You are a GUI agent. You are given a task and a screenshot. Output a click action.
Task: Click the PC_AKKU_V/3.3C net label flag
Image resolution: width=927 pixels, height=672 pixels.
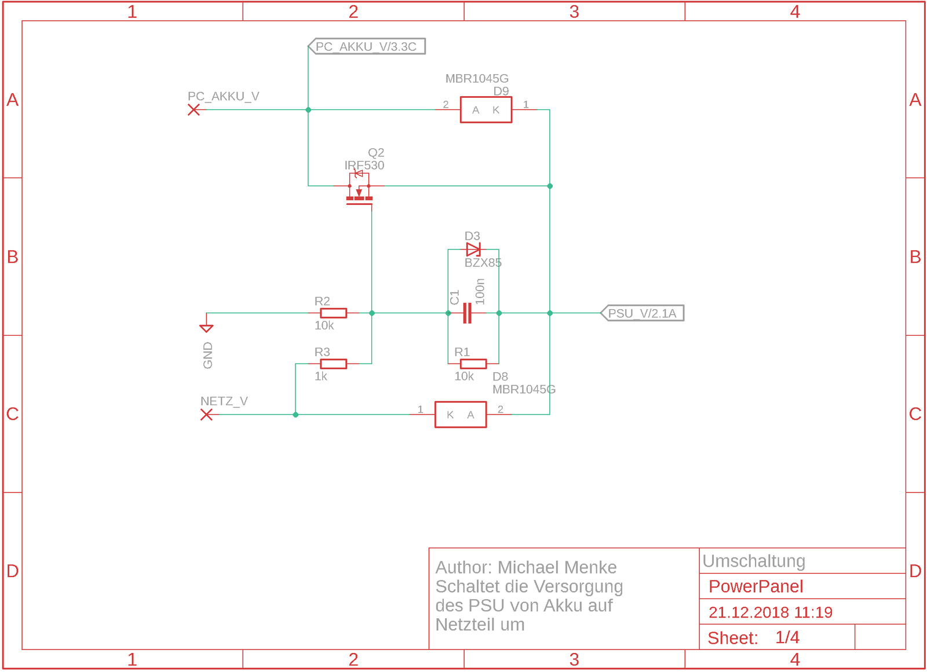[x=367, y=46]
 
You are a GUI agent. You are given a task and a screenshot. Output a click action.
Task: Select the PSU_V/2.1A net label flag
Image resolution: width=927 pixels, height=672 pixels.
[x=642, y=313]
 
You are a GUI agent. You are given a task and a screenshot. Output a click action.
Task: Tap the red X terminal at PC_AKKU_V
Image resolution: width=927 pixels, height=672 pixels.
[x=194, y=109]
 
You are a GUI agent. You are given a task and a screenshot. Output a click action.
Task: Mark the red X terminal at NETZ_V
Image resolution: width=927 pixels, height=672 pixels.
[x=206, y=414]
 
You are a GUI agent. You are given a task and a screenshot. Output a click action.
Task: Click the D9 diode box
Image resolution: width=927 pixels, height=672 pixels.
[x=486, y=109]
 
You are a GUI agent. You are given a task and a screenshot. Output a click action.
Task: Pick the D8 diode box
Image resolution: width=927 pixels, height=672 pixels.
[x=461, y=414]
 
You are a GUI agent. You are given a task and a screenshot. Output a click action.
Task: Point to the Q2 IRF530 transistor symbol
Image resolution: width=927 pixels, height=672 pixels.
[x=359, y=190]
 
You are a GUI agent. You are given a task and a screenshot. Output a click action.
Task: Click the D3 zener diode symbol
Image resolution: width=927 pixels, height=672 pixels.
[x=473, y=249]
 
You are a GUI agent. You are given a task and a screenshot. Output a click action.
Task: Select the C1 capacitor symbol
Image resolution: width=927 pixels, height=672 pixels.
[x=467, y=313]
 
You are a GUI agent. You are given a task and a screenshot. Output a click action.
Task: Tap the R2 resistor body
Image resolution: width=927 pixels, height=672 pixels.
[x=333, y=313]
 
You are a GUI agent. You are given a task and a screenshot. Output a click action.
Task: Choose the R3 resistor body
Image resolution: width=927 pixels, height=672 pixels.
[x=333, y=363]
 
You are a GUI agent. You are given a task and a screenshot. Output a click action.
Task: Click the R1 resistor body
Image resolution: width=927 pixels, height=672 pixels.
[x=473, y=363]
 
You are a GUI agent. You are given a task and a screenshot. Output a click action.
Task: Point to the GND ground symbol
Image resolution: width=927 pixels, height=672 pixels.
[x=206, y=327]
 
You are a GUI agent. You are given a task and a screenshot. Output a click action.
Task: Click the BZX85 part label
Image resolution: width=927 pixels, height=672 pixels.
[x=483, y=263]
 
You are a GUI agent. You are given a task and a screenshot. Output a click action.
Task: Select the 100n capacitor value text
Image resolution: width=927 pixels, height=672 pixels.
[x=480, y=291]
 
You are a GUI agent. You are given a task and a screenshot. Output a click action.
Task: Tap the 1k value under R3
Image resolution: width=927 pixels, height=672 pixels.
[x=321, y=376]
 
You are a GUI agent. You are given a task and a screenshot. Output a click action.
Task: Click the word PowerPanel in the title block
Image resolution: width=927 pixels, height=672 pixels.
[x=756, y=586]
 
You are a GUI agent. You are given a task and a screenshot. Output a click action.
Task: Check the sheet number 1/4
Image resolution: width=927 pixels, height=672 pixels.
[x=787, y=637]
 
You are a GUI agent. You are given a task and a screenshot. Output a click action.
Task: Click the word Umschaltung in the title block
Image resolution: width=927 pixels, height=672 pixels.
[x=753, y=561]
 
